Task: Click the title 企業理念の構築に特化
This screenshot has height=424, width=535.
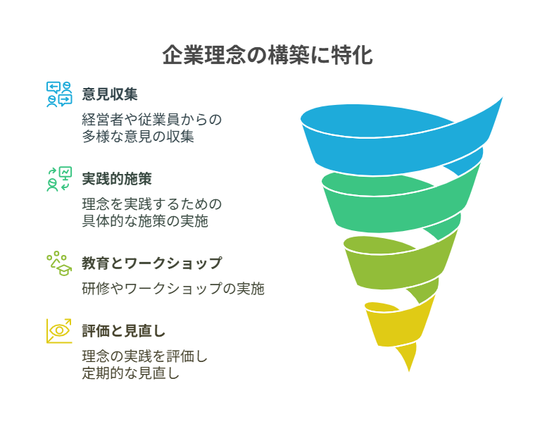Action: coord(267,55)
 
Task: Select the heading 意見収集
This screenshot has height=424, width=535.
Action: coord(110,94)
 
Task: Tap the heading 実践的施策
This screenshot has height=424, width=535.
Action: coord(117,179)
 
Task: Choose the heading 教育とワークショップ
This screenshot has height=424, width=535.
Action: coord(152,263)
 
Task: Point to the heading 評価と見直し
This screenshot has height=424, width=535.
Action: coord(123,331)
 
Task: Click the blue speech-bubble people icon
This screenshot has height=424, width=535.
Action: coord(59,94)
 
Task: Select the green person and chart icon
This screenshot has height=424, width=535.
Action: coord(59,179)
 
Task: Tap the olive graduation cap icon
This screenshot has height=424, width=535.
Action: coord(59,263)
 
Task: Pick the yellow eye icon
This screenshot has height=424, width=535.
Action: coord(59,331)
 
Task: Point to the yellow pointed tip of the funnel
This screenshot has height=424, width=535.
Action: coord(409,371)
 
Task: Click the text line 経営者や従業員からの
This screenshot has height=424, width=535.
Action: coord(152,120)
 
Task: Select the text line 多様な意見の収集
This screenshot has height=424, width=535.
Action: coord(138,137)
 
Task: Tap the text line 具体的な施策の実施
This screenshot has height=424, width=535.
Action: coord(145,221)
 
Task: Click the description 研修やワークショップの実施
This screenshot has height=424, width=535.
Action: coord(173,289)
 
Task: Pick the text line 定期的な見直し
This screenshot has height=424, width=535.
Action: coord(131,373)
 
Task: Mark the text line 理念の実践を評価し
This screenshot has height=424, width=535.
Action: coord(145,356)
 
